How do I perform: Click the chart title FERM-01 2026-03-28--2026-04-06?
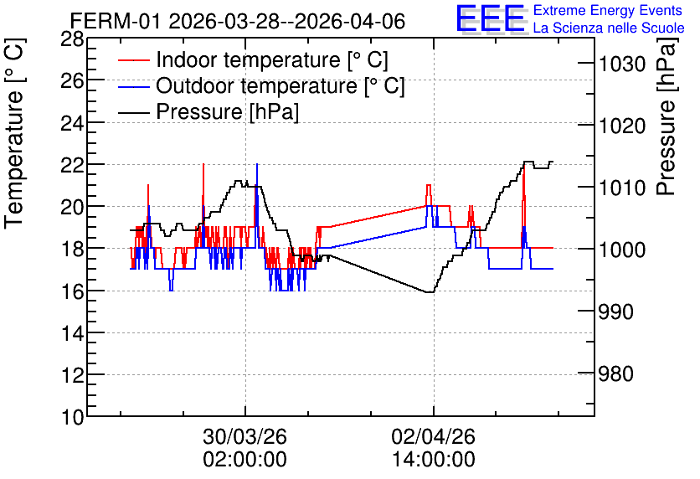pos(238,21)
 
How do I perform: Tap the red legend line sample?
pos(134,60)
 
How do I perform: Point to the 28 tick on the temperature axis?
pos(72,39)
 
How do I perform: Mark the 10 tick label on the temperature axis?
pos(72,418)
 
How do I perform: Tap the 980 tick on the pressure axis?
pos(615,373)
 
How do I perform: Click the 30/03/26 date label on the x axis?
pos(245,436)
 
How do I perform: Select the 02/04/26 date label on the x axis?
pos(434,436)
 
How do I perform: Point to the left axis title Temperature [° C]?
pos(15,134)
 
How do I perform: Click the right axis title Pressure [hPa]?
pos(667,116)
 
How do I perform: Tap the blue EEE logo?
pos(491,18)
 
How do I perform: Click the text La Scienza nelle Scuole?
pos(609,28)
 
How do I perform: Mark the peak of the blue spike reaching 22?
pos(257,164)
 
